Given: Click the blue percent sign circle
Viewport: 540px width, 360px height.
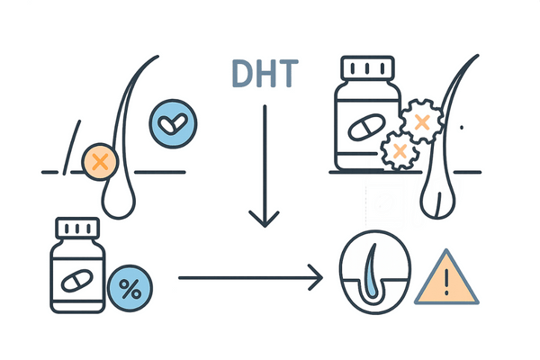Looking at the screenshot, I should (130, 291).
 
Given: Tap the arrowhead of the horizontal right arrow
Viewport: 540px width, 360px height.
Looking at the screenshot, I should (316, 278).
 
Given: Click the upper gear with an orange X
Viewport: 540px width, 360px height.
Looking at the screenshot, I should (419, 120).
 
